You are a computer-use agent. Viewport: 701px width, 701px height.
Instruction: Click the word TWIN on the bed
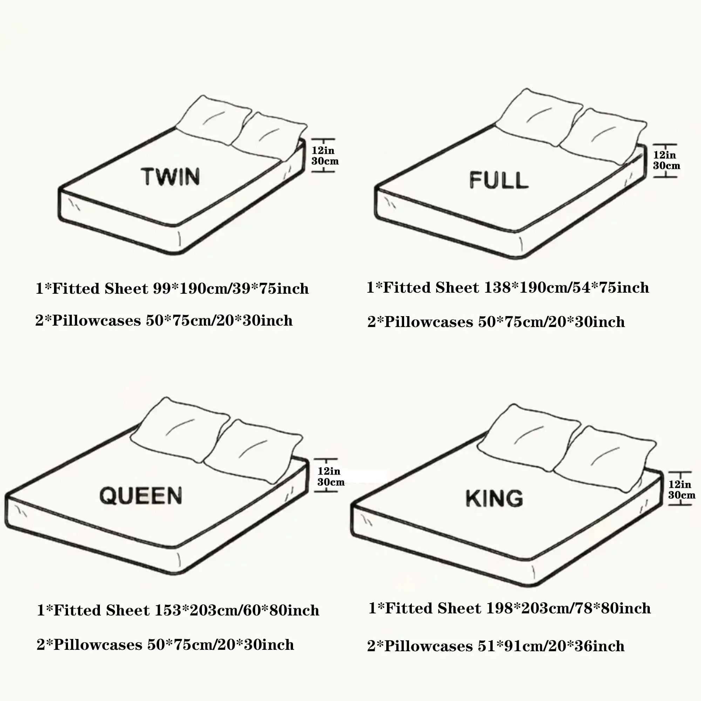click(170, 176)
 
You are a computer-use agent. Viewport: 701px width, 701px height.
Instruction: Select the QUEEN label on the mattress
click(141, 496)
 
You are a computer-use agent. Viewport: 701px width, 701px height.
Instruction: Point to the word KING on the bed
click(494, 498)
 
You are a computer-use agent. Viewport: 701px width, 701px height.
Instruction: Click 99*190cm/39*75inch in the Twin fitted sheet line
click(231, 289)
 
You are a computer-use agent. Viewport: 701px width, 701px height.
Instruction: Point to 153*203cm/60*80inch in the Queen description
click(237, 611)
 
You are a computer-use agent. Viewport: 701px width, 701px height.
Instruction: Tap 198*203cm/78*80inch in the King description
click(568, 608)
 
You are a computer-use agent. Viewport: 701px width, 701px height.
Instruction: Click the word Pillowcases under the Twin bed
click(96, 321)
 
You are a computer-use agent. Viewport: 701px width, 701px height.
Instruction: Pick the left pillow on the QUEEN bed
click(179, 430)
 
